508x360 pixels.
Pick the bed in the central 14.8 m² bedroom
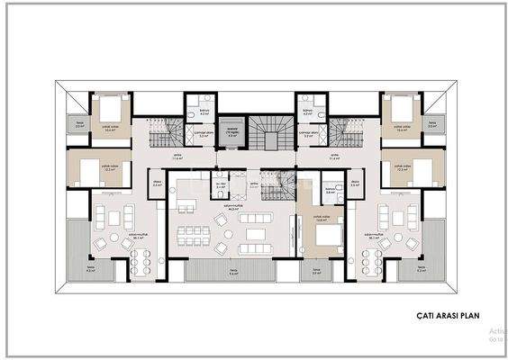tap(329, 235)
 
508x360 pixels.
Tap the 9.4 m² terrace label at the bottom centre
tap(233, 273)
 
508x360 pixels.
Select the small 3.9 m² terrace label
tap(317, 273)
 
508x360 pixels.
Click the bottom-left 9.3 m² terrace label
tap(91, 269)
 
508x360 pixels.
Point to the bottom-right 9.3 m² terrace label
tap(422, 269)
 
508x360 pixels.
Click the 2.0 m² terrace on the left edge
tap(79, 126)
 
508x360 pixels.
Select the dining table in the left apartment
tap(140, 259)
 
